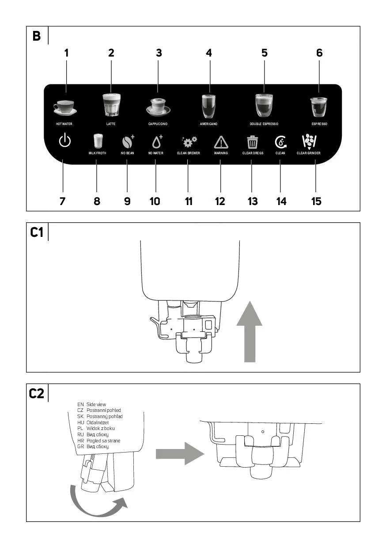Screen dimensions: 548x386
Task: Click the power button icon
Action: (65, 142)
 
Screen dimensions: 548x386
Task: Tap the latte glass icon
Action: (111, 105)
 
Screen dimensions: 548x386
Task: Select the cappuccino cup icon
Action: (158, 106)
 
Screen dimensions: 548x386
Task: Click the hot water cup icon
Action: (64, 107)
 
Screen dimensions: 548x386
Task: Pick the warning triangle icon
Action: (221, 142)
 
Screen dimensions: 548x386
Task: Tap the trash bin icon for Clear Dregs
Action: (253, 142)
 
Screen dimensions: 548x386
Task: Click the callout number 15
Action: (316, 202)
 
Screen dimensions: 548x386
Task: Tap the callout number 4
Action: (209, 53)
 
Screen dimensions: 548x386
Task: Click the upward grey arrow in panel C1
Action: (250, 331)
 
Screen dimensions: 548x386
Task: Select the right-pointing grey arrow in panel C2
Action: (179, 454)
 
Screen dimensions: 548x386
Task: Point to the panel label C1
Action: (37, 232)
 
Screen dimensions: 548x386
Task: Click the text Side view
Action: (96, 404)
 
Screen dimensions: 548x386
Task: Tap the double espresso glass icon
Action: (264, 105)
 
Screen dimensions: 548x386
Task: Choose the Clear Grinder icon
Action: (309, 141)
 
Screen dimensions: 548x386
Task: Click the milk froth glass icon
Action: (98, 141)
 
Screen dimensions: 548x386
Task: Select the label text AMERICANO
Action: (208, 124)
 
